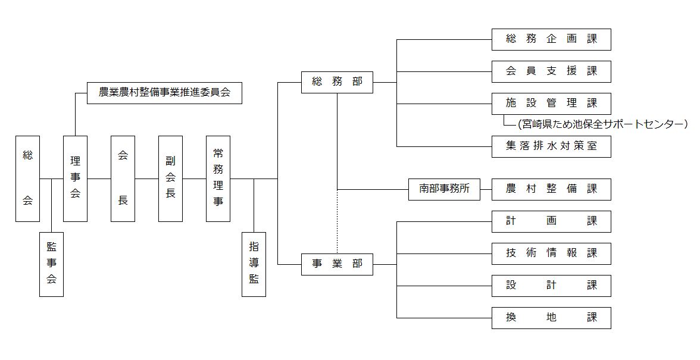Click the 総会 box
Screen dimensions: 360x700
point(27,179)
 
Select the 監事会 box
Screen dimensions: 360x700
point(51,264)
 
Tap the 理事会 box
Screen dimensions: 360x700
point(75,179)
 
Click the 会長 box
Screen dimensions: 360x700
point(123,179)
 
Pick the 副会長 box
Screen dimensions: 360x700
point(170,179)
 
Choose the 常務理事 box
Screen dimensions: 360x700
point(218,179)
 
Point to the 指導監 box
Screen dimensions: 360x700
point(254,264)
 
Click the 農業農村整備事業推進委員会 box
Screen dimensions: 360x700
point(164,93)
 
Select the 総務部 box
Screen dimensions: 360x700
point(337,82)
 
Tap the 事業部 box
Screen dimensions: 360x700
point(337,264)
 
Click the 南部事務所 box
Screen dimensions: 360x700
point(444,189)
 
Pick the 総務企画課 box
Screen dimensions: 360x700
point(551,39)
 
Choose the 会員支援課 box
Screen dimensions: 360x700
point(551,71)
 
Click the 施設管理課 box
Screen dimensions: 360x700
point(551,103)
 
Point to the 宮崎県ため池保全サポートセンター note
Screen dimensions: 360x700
point(601,124)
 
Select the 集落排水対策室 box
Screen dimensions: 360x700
point(551,146)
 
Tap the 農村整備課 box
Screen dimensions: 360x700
point(551,189)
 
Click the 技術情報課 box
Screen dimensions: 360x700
point(551,253)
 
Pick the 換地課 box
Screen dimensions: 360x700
point(551,318)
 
